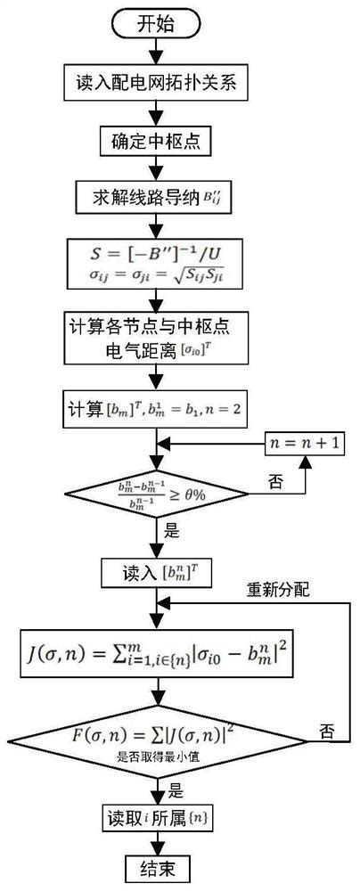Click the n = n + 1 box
[x=302, y=443]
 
